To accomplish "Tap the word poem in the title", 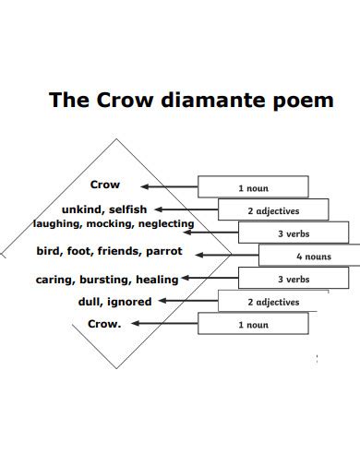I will click(302, 100).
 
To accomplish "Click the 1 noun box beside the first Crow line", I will click(253, 187).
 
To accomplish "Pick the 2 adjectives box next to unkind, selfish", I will click(272, 210).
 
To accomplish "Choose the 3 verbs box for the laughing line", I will click(293, 233).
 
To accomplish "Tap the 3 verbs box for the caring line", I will click(293, 279).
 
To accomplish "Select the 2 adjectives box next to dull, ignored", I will click(272, 302).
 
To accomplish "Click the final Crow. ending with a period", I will click(105, 324).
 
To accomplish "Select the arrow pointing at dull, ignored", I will click(186, 302).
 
